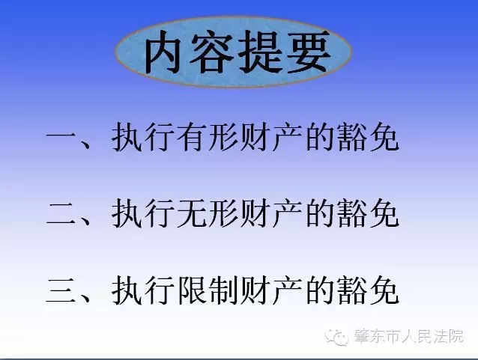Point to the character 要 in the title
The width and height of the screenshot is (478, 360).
(x=309, y=52)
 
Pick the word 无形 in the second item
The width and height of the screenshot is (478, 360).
(x=208, y=213)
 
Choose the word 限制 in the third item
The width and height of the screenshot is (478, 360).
(x=208, y=290)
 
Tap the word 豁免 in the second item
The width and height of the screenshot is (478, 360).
(x=369, y=213)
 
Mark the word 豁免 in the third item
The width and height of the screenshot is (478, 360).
(x=369, y=290)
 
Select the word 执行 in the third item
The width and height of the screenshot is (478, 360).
(x=143, y=290)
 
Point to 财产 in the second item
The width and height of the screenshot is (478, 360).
(x=271, y=213)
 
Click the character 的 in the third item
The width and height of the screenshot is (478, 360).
(x=319, y=290)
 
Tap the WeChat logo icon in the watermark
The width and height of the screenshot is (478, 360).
(x=336, y=337)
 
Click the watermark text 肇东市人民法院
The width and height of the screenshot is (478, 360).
(x=408, y=336)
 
